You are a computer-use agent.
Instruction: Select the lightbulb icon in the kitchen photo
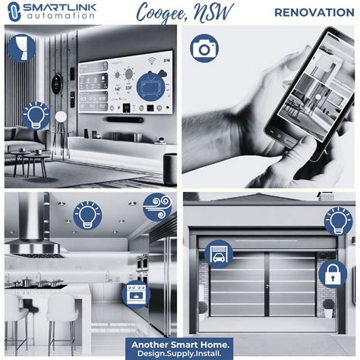point(87,216)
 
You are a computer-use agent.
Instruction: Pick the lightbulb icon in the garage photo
point(339,221)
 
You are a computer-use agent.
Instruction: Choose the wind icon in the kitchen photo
point(157,207)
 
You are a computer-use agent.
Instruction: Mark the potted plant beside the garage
point(329,307)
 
